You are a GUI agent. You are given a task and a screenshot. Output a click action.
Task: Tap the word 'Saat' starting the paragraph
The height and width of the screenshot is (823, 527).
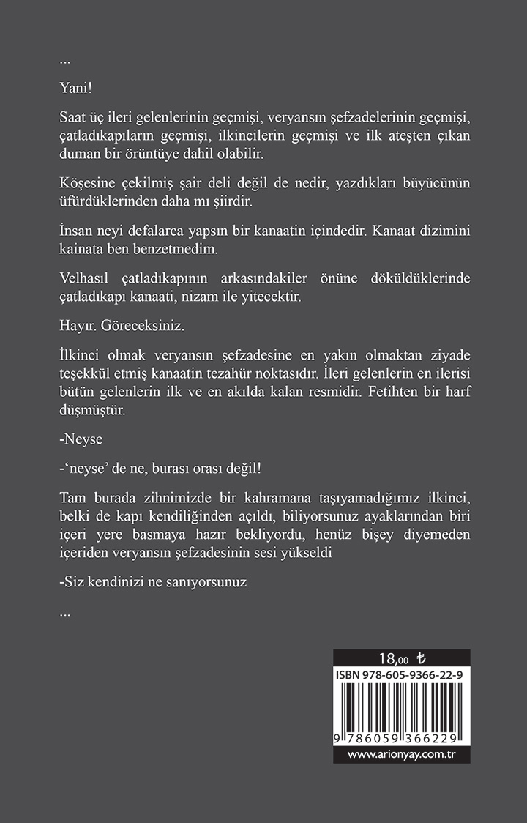click(73, 119)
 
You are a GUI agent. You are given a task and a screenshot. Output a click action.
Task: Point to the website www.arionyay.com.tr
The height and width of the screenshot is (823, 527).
click(401, 754)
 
